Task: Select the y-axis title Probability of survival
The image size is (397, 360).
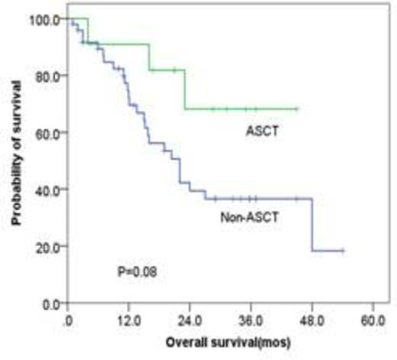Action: pos(17,161)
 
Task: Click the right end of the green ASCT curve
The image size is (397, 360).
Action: pos(297,109)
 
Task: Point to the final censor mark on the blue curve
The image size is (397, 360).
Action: pos(342,251)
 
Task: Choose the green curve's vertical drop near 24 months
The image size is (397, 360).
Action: pos(185,89)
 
